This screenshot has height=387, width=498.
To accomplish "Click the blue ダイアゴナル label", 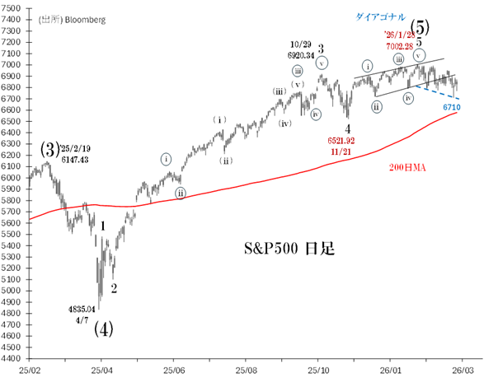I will click(381, 16).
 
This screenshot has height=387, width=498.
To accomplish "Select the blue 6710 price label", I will click(451, 107).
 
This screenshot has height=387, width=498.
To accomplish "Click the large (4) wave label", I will click(102, 329).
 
